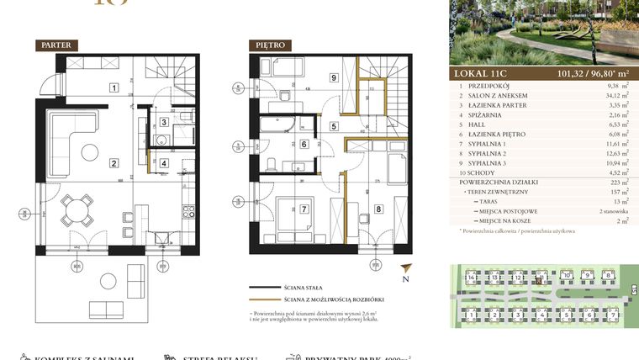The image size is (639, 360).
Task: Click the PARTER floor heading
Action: [58, 45]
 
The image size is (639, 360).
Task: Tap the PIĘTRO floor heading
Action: [270, 45]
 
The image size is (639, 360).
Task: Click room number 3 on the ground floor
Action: [163, 122]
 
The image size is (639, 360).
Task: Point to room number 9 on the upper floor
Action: [334, 78]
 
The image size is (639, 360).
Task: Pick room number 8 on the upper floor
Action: [378, 209]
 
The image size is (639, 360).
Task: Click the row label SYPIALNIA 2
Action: [492, 153]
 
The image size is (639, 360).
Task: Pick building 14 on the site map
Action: [473, 276]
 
